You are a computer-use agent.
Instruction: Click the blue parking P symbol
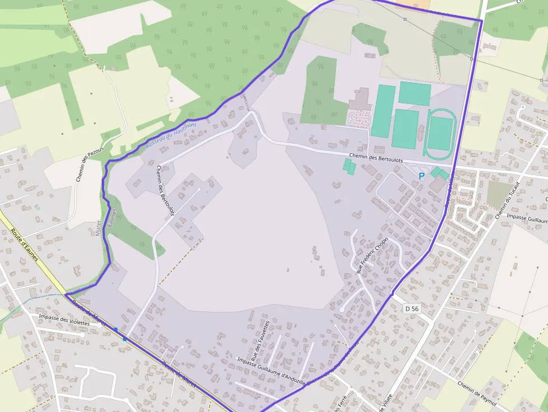[422, 176]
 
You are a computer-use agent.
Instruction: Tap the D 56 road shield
[412, 309]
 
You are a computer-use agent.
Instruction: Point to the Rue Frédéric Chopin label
[372, 254]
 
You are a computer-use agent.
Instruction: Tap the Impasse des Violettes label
[64, 320]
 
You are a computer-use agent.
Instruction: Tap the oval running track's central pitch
[440, 134]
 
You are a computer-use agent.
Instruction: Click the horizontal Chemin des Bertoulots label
[375, 158]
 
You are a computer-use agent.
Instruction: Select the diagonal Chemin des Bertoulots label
[165, 190]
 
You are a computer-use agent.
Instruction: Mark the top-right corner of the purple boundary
[481, 21]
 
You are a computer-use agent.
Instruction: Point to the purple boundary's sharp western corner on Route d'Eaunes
[66, 294]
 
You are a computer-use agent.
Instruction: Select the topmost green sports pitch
[415, 93]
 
